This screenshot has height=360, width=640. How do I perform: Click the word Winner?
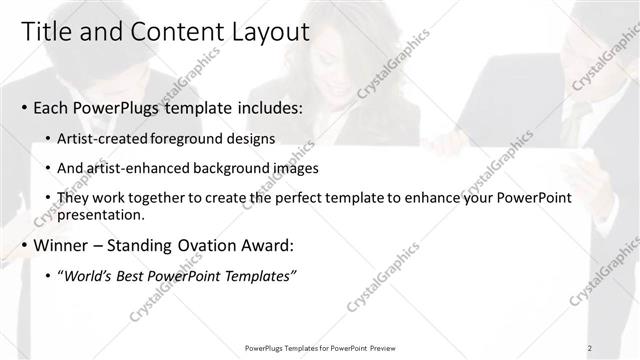coord(66,244)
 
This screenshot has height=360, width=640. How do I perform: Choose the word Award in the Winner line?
coord(272,244)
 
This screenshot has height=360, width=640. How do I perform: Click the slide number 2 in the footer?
coord(590,347)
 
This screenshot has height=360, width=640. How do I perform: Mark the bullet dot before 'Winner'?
coord(23,245)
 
